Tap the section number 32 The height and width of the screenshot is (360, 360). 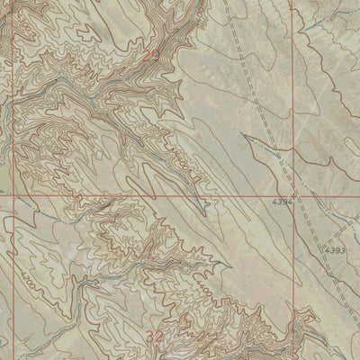pos(155,335)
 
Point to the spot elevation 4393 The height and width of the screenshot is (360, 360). pos(336,249)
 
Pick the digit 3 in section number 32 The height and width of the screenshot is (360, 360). pos(150,335)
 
